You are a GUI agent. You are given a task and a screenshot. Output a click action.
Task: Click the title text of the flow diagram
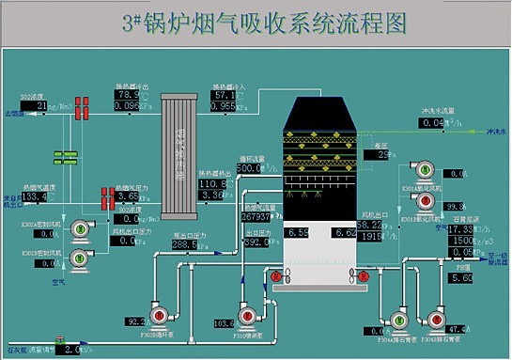click(255, 22)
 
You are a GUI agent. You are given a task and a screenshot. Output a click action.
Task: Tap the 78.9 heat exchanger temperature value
click(127, 95)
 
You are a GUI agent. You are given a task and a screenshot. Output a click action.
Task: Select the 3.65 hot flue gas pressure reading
click(129, 196)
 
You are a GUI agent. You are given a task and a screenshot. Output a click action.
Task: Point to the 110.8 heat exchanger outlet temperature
click(212, 183)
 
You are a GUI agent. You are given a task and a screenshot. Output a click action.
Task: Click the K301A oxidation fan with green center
click(423, 169)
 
